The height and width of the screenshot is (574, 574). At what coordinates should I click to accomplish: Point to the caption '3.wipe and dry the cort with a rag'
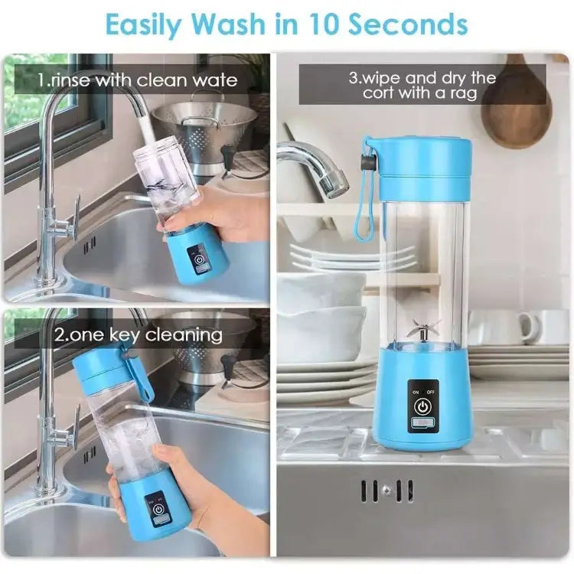(x=422, y=85)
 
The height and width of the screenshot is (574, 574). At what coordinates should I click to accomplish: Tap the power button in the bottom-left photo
(x=157, y=510)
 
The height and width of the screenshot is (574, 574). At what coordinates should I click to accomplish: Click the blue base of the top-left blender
(x=195, y=255)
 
